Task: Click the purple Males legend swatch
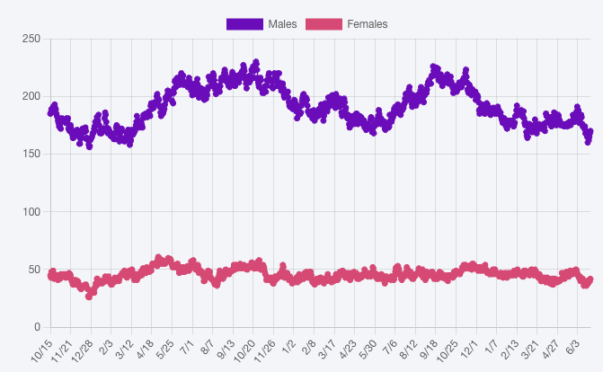coord(244,24)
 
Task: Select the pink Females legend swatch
coord(324,24)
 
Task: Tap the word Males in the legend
coord(282,24)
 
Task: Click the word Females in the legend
coord(368,24)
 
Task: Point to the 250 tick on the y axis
coord(31,39)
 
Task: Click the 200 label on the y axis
coord(31,96)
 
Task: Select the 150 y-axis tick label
coord(31,154)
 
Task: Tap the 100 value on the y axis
coord(31,211)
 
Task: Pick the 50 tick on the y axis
coord(35,269)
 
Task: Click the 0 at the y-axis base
coord(38,326)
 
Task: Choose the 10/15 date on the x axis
coord(42,350)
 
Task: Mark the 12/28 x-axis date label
coord(83,350)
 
